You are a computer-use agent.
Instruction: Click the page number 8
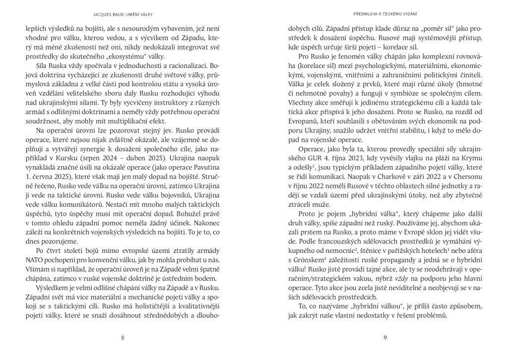(123, 338)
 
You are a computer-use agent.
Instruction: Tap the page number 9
(385, 338)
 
